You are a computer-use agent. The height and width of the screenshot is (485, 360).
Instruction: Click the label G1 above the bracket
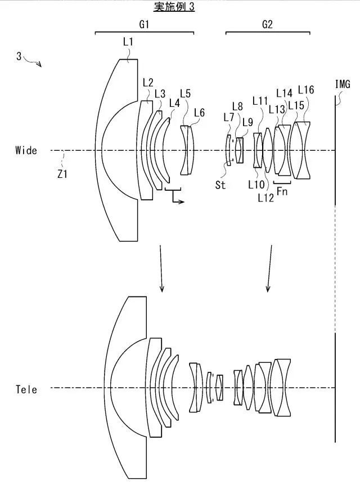(x=144, y=24)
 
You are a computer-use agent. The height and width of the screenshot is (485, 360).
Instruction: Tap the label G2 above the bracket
(x=267, y=24)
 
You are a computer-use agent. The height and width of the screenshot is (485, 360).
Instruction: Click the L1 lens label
(x=128, y=42)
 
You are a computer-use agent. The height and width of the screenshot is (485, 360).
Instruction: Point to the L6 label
(x=200, y=113)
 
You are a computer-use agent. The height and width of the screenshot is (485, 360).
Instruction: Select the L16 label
(x=306, y=89)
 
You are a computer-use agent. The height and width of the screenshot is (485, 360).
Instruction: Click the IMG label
(x=343, y=84)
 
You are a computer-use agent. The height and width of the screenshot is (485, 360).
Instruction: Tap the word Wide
(x=26, y=150)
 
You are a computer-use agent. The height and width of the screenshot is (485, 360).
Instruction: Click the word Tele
(x=26, y=389)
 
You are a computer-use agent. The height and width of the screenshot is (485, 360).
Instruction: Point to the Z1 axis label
(x=62, y=174)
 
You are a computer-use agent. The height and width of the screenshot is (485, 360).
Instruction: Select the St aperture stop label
(x=220, y=185)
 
